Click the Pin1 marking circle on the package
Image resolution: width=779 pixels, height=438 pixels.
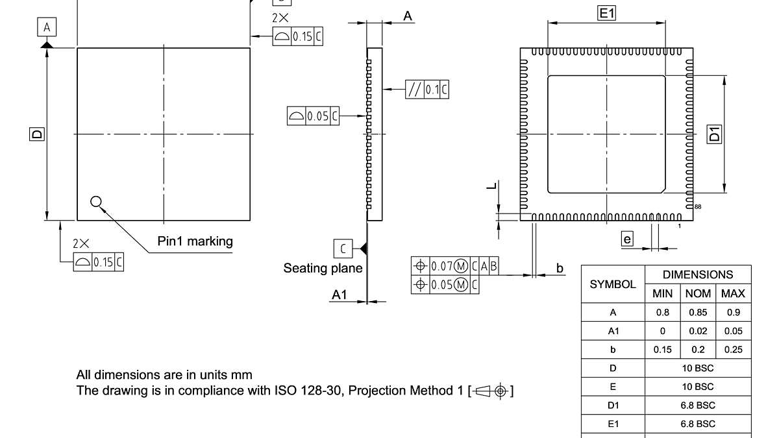click(x=96, y=201)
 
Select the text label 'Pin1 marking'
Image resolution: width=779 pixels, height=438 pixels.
click(x=195, y=241)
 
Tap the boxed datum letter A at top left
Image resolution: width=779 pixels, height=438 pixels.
click(x=46, y=27)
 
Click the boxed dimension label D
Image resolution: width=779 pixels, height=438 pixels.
click(x=37, y=134)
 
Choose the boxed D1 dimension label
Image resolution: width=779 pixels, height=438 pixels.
click(x=714, y=134)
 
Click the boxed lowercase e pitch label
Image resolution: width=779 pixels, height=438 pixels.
click(x=626, y=239)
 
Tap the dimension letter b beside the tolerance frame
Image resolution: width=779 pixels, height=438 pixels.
click(x=560, y=267)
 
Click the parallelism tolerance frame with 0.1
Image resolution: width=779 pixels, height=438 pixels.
click(x=427, y=90)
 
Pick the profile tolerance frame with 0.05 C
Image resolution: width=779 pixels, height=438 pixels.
click(x=313, y=116)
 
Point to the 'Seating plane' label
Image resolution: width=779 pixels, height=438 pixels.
click(x=323, y=268)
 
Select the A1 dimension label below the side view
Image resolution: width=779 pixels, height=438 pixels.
click(x=340, y=295)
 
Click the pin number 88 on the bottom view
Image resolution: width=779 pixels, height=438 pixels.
click(x=698, y=206)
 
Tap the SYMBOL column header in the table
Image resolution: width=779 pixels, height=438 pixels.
click(x=612, y=284)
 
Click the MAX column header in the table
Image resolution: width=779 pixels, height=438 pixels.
click(x=733, y=293)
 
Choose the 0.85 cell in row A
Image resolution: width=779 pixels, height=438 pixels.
click(x=698, y=312)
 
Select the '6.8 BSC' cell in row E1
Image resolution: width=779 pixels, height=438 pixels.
click(x=698, y=424)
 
